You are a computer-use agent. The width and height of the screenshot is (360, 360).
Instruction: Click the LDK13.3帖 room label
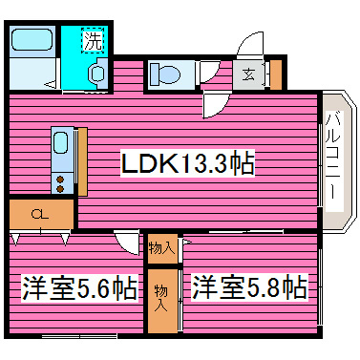point(186,164)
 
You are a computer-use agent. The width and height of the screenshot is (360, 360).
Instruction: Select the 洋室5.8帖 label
point(249,286)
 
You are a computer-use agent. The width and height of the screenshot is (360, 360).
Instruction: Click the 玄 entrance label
point(246,74)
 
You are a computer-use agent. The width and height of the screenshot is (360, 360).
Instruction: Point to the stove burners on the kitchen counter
point(59,179)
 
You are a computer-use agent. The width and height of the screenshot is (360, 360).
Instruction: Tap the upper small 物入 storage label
point(162,247)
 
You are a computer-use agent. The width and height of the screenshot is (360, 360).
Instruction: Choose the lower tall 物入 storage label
point(162,295)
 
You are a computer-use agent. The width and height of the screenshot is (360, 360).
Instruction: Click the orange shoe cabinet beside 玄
point(267,74)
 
